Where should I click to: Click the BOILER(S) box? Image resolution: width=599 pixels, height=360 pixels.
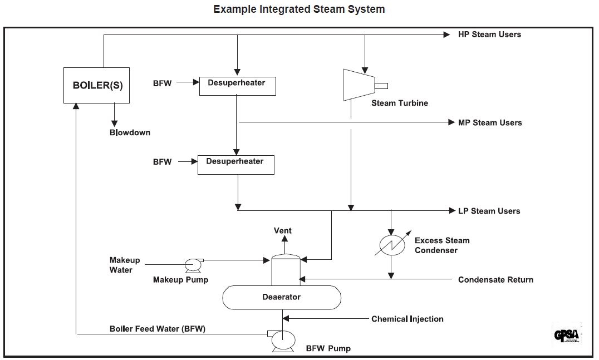coord(96,86)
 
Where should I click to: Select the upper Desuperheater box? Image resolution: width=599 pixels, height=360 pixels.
coord(237,86)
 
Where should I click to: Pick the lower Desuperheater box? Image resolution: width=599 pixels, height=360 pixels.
coord(236,165)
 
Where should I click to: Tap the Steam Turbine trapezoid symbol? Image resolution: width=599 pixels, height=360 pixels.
coord(359,85)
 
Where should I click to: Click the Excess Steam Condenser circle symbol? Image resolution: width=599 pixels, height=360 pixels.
coord(391,245)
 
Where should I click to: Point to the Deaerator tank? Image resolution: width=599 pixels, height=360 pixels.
coord(282,297)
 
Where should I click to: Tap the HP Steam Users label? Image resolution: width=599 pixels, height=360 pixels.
coord(489,34)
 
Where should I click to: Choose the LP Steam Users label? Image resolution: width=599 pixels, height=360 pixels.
coord(489,211)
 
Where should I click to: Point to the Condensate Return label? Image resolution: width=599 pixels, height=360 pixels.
coord(495,279)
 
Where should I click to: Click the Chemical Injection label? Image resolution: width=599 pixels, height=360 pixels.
coord(407,319)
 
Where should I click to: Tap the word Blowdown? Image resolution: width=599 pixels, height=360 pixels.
coord(130,132)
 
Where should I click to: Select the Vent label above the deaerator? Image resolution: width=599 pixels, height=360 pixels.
coord(283,230)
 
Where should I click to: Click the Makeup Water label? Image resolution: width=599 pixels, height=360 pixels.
coord(125,265)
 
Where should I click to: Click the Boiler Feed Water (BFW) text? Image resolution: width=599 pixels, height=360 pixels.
coord(158,328)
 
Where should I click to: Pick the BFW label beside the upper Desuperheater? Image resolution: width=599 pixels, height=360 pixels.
coord(163,83)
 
